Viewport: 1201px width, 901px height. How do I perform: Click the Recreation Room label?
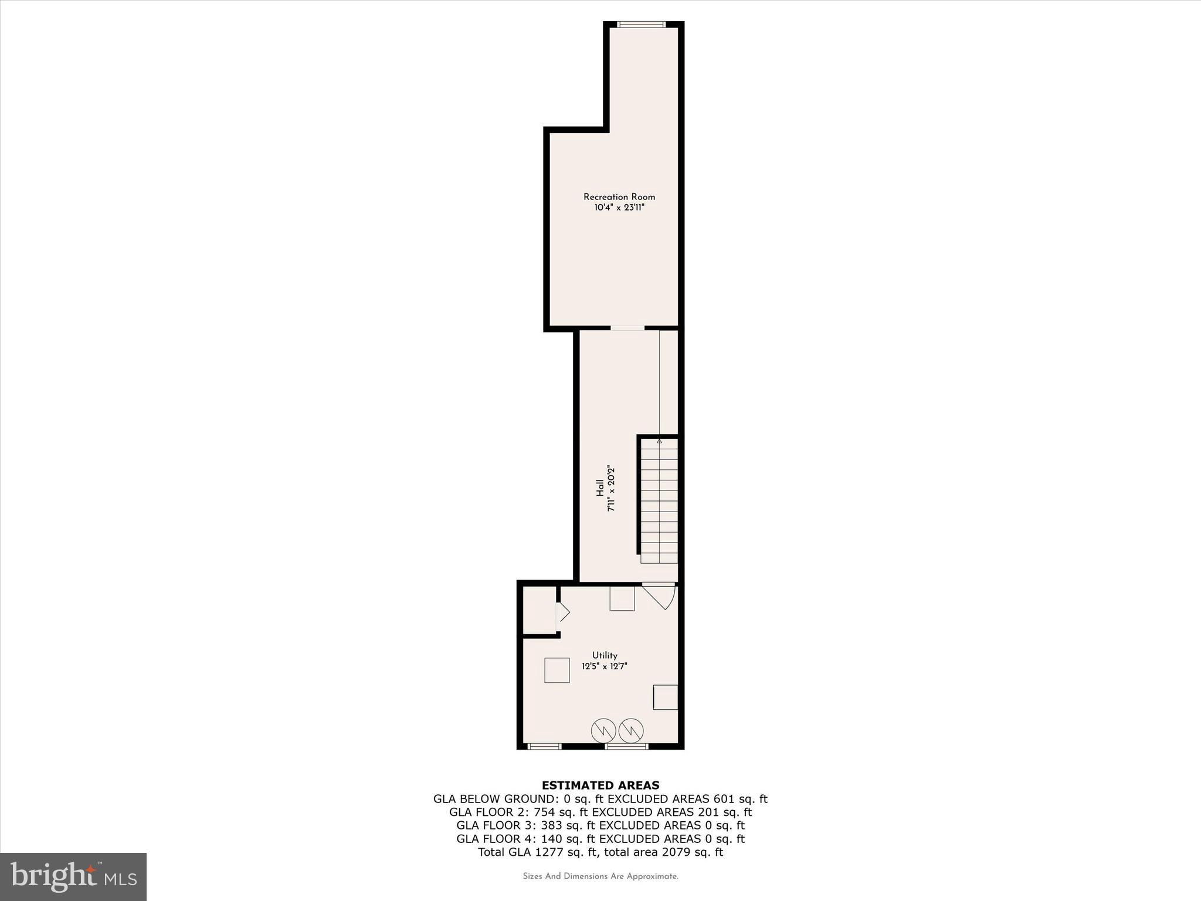coord(619,197)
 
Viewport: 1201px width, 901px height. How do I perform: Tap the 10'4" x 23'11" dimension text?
coord(619,208)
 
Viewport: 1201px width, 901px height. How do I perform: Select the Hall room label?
coord(600,488)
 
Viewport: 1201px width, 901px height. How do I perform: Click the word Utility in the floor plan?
coord(605,656)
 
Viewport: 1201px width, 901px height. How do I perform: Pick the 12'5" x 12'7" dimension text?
coord(605,666)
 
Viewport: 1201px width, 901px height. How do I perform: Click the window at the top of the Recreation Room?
coord(642,25)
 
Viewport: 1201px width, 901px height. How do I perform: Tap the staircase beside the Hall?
coord(659,501)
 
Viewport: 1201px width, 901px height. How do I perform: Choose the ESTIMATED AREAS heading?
coord(600,785)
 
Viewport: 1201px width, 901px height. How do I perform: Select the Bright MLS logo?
coord(73,877)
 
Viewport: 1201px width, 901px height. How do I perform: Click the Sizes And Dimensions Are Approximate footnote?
coord(600,877)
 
